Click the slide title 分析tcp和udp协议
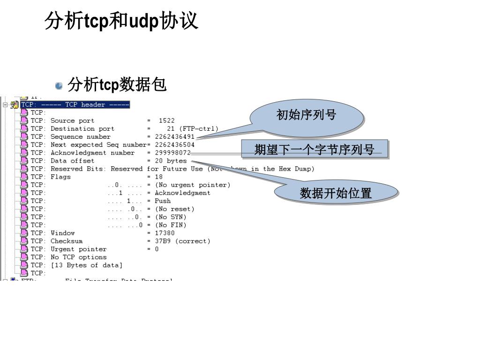121,22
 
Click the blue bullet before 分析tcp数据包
59,86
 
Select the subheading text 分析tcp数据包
117,85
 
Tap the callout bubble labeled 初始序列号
307,115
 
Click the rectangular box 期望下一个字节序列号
315,150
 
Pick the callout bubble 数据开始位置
336,193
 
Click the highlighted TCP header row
75,105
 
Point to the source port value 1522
166,121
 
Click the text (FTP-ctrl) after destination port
199,129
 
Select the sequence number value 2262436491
174,137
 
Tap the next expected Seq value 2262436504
174,145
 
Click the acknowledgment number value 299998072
172,153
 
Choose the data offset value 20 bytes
171,161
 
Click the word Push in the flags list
163,201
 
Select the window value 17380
165,233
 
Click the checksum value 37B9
163,241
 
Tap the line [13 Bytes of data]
87,265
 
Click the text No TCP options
79,257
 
